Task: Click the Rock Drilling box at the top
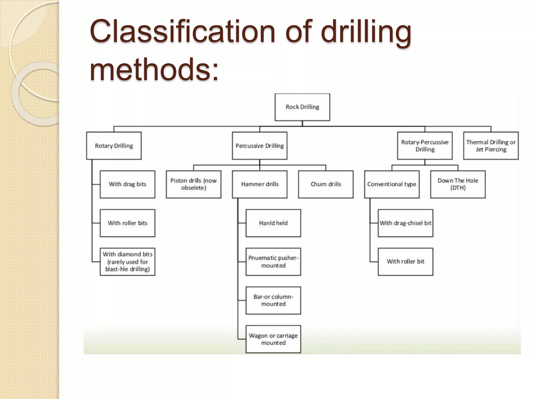[x=302, y=107]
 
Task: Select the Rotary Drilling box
[x=114, y=146]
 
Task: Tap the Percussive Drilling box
[x=259, y=146]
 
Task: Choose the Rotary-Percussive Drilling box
[x=425, y=146]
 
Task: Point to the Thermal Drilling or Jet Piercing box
[x=491, y=146]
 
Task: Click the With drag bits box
[x=128, y=184]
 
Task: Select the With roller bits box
[x=128, y=223]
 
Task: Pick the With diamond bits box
[x=128, y=262]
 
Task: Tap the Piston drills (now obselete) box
[x=193, y=184]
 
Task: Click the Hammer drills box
[x=259, y=184]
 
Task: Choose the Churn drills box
[x=326, y=184]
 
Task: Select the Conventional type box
[x=392, y=184]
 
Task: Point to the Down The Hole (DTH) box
[x=458, y=184]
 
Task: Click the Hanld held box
[x=273, y=223]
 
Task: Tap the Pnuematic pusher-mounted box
[x=273, y=262]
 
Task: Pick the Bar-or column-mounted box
[x=273, y=300]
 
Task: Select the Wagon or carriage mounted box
[x=273, y=339]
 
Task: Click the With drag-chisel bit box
[x=405, y=223]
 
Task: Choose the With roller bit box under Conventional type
[x=405, y=262]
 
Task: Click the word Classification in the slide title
[x=182, y=32]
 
